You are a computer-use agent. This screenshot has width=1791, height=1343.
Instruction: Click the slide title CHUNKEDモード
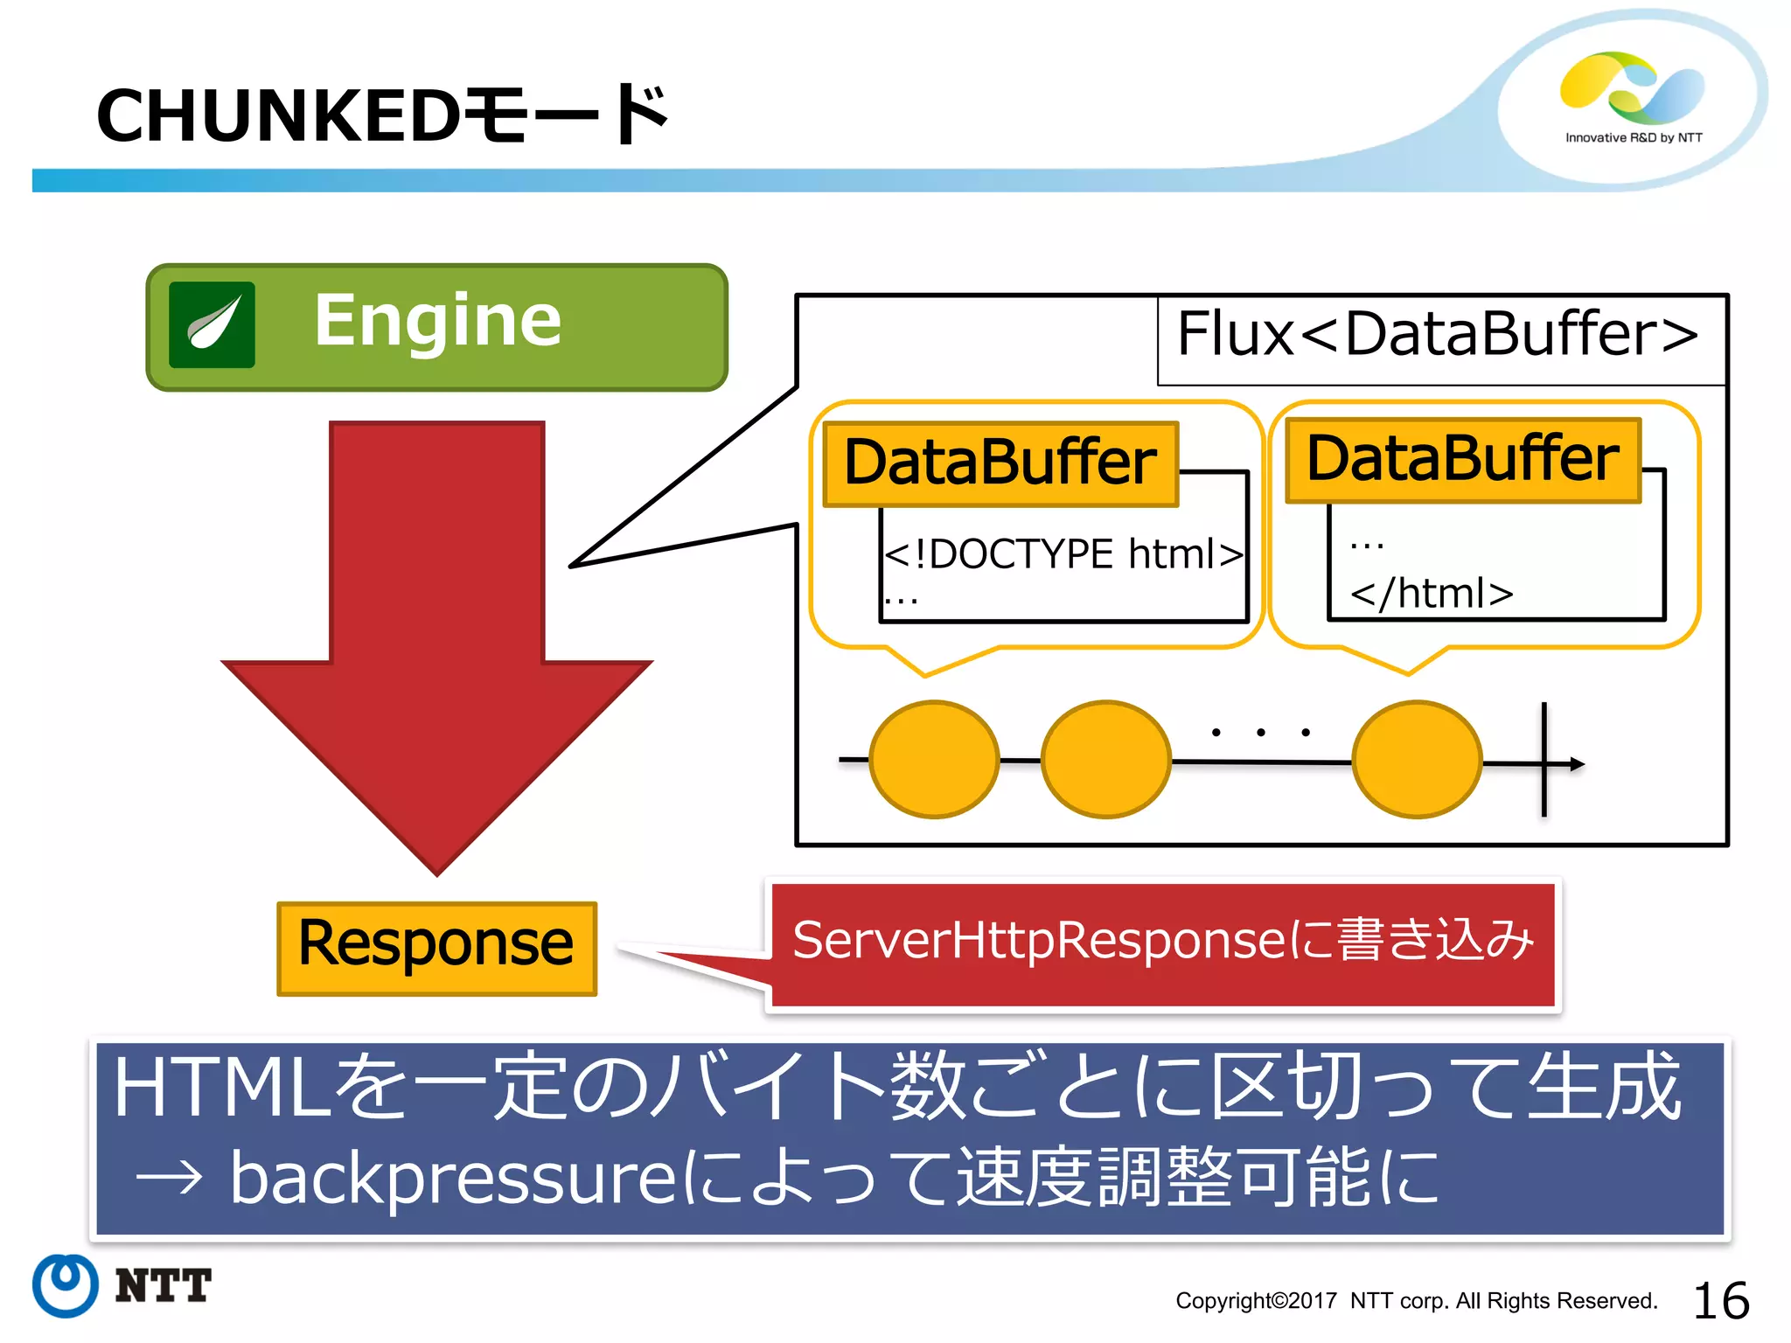(x=382, y=115)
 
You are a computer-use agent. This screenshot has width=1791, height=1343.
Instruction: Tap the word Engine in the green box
(x=437, y=321)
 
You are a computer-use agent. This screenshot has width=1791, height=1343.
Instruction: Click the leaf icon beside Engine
(x=213, y=324)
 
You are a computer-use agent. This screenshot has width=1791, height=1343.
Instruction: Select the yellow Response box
(x=436, y=948)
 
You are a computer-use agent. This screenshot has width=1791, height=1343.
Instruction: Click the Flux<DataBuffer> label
(x=1437, y=335)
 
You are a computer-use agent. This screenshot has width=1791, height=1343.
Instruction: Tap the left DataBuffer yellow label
(x=1000, y=463)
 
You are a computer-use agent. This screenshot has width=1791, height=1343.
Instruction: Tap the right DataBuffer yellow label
(x=1462, y=460)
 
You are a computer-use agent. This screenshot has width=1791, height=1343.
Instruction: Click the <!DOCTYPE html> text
(x=1063, y=554)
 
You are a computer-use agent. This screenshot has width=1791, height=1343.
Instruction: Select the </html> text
(x=1432, y=594)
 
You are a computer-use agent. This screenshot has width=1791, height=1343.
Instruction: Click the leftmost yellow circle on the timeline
(x=934, y=759)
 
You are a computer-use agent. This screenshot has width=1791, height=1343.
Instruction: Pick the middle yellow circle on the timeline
(x=1105, y=759)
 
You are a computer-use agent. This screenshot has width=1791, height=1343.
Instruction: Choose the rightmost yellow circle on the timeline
(x=1417, y=759)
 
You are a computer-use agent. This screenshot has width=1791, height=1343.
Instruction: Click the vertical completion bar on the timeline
(x=1544, y=759)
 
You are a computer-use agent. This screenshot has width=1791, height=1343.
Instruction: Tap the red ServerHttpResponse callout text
(x=1163, y=941)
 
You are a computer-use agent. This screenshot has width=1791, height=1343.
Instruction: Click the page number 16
(x=1720, y=1300)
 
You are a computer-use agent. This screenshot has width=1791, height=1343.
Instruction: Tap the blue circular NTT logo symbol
(x=66, y=1285)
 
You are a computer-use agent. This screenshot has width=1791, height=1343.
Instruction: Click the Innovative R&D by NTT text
(x=1633, y=137)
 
